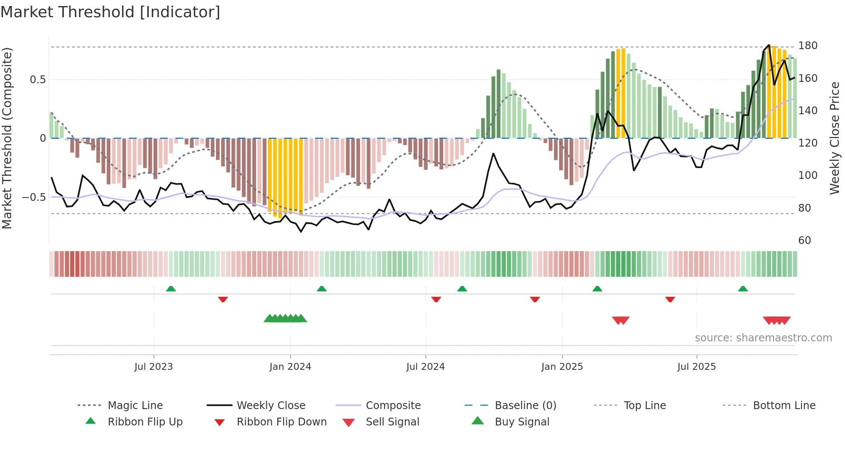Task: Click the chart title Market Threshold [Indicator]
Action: click(x=110, y=12)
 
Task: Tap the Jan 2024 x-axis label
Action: click(x=290, y=367)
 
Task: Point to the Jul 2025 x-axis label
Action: click(x=696, y=367)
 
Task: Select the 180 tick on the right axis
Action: click(x=807, y=46)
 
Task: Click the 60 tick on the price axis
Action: click(x=804, y=241)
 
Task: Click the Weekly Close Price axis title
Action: click(x=835, y=138)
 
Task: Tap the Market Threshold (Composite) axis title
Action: click(x=7, y=138)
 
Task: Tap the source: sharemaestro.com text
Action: click(x=763, y=338)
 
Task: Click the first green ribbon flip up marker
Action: click(x=171, y=289)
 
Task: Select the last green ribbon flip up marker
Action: click(x=743, y=289)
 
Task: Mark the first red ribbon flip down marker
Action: click(x=223, y=299)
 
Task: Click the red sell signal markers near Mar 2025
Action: click(x=621, y=320)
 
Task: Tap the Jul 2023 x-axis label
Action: click(x=153, y=367)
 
